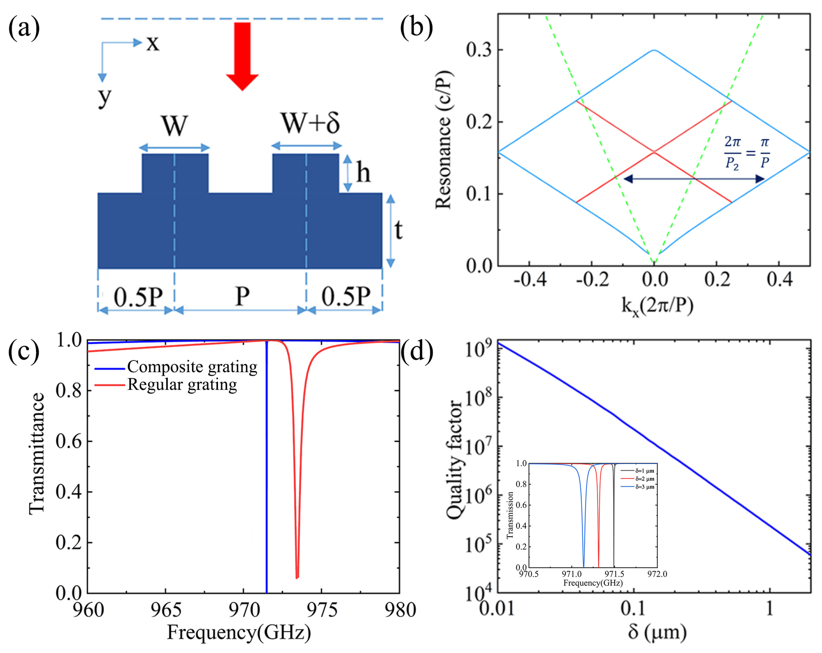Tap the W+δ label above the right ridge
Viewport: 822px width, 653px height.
pyautogui.click(x=310, y=123)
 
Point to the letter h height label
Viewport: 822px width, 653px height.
pyautogui.click(x=363, y=172)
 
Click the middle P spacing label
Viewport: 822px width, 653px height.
pyautogui.click(x=242, y=296)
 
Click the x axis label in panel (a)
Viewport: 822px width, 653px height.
pyautogui.click(x=153, y=43)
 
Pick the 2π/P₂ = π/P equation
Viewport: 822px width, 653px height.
pyautogui.click(x=746, y=153)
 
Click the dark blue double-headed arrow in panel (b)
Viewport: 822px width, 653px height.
pyautogui.click(x=694, y=179)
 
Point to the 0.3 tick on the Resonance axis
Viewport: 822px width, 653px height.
pyautogui.click(x=479, y=50)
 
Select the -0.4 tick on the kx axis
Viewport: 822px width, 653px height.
pyautogui.click(x=530, y=280)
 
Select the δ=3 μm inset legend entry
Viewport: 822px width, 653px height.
pyautogui.click(x=644, y=487)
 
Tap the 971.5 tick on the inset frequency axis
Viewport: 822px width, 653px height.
pyautogui.click(x=614, y=574)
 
